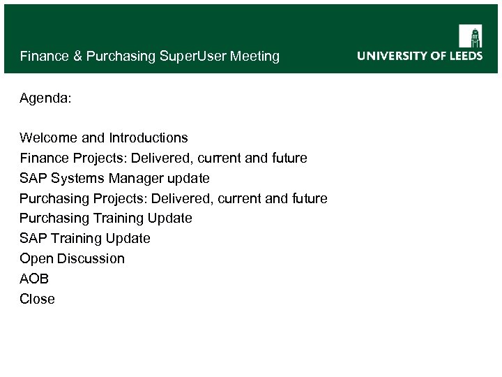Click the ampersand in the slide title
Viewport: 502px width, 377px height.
(77, 56)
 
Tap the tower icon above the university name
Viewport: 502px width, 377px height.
(470, 36)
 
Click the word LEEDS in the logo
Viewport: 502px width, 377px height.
(464, 56)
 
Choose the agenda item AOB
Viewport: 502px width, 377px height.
(34, 279)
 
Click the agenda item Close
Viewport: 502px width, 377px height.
(37, 299)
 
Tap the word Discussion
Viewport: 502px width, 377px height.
(91, 258)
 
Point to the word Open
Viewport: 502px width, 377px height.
(36, 258)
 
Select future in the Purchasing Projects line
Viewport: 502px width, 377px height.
(307, 199)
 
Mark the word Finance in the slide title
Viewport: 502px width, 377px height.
(45, 56)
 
